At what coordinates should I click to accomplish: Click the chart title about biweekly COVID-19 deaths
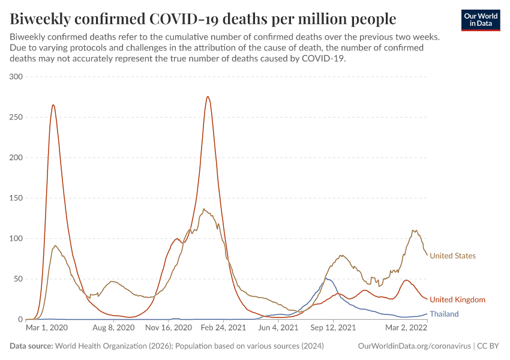point(203,19)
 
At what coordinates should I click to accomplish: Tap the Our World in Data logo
point(480,20)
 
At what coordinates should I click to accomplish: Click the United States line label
point(452,256)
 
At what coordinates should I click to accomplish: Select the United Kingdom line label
point(457,299)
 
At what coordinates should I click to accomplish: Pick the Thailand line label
point(444,314)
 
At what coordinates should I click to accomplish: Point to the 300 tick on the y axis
point(16,77)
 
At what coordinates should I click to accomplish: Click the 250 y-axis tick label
point(16,117)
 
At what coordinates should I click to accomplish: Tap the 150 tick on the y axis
point(16,198)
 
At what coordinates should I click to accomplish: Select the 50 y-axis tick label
point(17,279)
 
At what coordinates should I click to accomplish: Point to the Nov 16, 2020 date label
point(169,328)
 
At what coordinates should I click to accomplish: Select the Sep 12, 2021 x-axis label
point(333,328)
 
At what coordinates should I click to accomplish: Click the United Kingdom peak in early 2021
point(208,97)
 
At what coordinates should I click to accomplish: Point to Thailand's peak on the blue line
point(328,278)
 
